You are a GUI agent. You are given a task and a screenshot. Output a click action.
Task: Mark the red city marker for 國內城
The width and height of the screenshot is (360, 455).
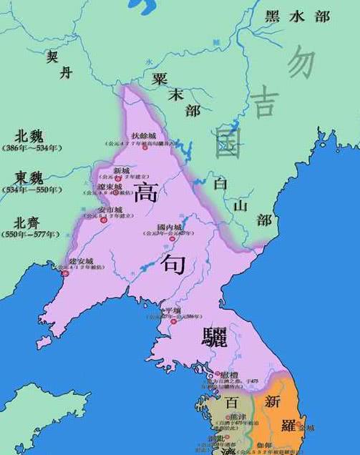coord(172,239)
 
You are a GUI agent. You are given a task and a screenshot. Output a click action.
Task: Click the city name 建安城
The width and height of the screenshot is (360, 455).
coord(81,260)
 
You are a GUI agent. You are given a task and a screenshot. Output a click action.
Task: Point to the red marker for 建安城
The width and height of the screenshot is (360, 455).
coord(65,273)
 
